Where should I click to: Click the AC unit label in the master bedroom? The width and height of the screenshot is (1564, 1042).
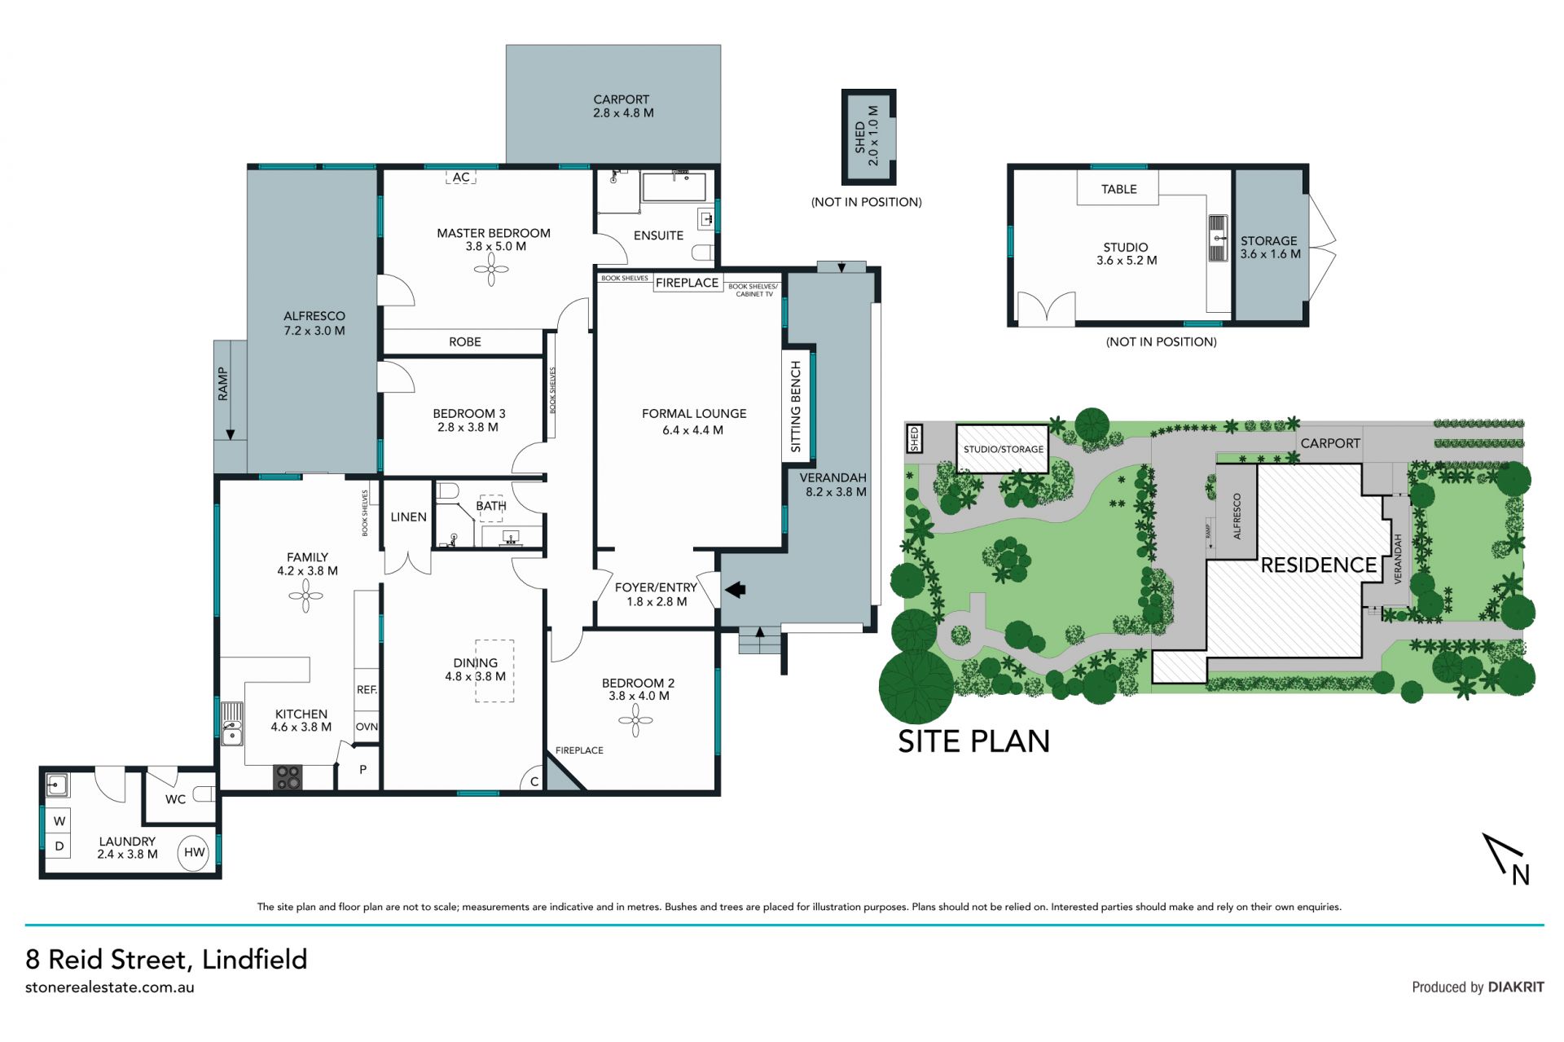click(x=461, y=177)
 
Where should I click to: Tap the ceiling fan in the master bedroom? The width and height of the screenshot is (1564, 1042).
click(x=491, y=270)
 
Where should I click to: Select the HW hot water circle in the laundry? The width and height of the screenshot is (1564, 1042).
click(x=194, y=853)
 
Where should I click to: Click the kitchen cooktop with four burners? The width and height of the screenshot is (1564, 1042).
click(x=288, y=777)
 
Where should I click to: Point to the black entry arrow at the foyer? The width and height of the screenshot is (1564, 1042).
click(x=736, y=589)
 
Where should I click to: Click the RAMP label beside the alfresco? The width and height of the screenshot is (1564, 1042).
click(x=222, y=384)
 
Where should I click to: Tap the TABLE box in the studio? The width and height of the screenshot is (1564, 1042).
click(x=1118, y=189)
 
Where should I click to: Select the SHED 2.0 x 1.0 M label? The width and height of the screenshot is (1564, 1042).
click(x=867, y=137)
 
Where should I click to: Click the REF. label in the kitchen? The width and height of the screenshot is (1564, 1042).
click(x=367, y=690)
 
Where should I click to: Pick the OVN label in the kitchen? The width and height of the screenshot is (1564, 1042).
click(x=367, y=727)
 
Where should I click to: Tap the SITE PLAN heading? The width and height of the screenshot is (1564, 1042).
click(x=973, y=741)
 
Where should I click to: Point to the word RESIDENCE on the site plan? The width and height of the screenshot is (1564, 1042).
click(x=1318, y=565)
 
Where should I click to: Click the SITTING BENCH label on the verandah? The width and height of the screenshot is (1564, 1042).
click(x=796, y=407)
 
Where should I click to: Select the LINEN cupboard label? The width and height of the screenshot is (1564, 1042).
click(x=408, y=517)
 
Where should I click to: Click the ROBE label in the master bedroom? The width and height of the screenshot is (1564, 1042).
click(x=465, y=342)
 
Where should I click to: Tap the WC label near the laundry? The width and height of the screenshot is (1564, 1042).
click(x=175, y=799)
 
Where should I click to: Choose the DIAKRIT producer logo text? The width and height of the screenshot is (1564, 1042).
click(x=1516, y=987)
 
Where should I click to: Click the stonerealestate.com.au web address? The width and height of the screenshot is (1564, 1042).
click(x=110, y=987)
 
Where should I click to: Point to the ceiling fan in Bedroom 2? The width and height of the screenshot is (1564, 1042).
click(x=635, y=719)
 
